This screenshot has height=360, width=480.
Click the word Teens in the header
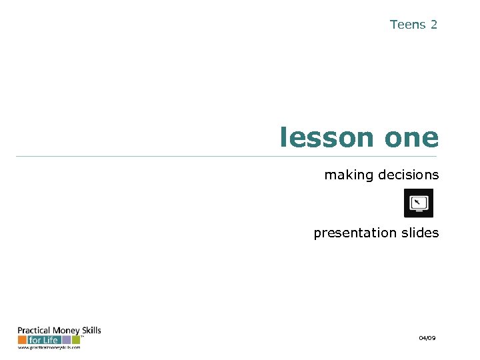click(407, 25)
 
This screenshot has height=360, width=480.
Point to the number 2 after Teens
click(434, 25)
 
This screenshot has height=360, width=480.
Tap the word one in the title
click(411, 138)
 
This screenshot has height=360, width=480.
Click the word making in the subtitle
click(349, 175)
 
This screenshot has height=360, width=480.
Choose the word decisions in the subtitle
click(409, 175)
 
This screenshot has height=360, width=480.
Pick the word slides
click(420, 233)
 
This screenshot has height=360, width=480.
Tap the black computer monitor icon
click(419, 203)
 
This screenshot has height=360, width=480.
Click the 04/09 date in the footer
click(427, 339)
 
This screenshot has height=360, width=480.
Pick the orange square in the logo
click(22, 340)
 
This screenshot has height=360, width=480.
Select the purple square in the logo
click(67, 340)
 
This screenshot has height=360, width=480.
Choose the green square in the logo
click(75, 340)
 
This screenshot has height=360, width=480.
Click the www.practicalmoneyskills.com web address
click(49, 348)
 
